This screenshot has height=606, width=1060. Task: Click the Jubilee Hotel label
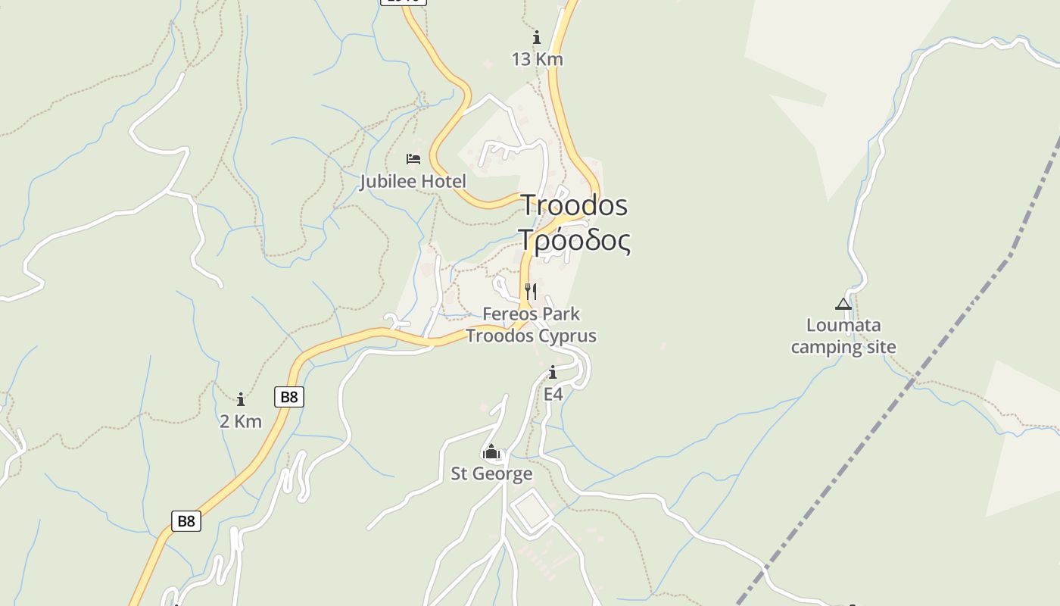click(x=413, y=182)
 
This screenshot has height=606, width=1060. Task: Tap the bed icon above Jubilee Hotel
click(x=413, y=159)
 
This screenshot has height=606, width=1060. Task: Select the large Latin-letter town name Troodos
click(x=574, y=205)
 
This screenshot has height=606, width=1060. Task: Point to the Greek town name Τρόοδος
click(x=574, y=240)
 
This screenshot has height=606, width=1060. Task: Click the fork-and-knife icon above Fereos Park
click(x=531, y=292)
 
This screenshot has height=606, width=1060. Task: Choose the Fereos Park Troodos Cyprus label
click(x=531, y=325)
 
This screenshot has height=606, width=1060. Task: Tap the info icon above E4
click(x=553, y=373)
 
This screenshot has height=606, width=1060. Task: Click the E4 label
click(x=553, y=395)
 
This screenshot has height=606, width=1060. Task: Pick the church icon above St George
click(x=491, y=452)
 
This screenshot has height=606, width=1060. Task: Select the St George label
click(x=491, y=474)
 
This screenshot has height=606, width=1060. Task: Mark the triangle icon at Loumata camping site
click(x=843, y=305)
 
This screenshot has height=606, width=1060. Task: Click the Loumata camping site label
click(x=843, y=336)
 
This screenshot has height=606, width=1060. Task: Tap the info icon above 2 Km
click(x=241, y=399)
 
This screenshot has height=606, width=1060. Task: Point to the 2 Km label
click(x=241, y=421)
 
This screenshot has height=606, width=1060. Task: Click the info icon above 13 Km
click(x=537, y=37)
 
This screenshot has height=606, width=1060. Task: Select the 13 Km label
click(x=537, y=59)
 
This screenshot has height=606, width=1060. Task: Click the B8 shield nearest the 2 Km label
click(x=288, y=397)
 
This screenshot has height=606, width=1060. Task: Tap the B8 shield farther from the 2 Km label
click(x=186, y=521)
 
